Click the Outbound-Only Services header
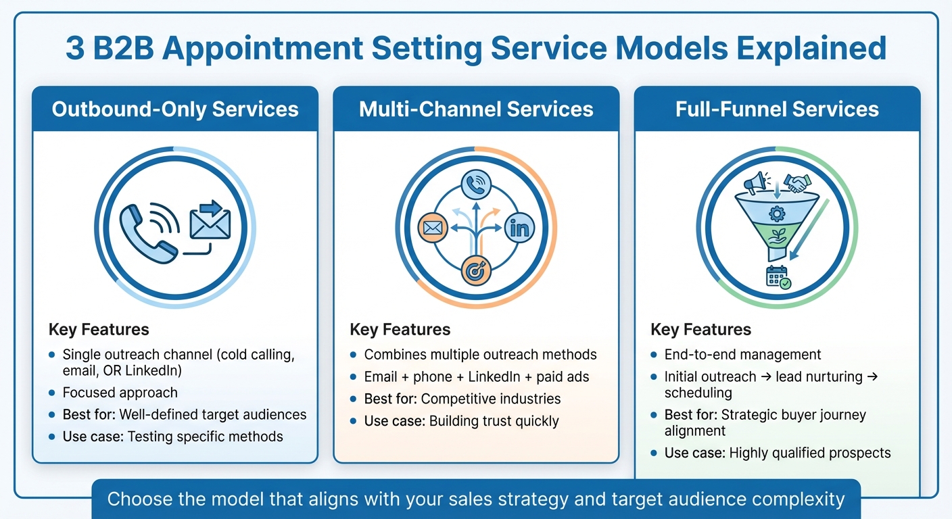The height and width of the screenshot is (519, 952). [175, 109]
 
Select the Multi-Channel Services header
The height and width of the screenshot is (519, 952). [476, 109]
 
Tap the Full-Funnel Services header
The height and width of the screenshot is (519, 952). [777, 109]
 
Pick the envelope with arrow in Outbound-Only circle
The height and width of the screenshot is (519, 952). [210, 220]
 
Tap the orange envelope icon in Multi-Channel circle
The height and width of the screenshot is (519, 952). [432, 228]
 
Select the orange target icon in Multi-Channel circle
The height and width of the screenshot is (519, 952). [476, 271]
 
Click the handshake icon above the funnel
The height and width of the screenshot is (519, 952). [797, 183]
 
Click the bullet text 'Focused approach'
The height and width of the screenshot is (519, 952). [120, 393]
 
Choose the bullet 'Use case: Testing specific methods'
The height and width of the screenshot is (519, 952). [172, 436]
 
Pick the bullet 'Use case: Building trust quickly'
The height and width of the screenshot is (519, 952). [461, 421]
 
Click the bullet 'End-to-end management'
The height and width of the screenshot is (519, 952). [742, 354]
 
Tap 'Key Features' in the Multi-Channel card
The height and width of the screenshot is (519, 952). [400, 330]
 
